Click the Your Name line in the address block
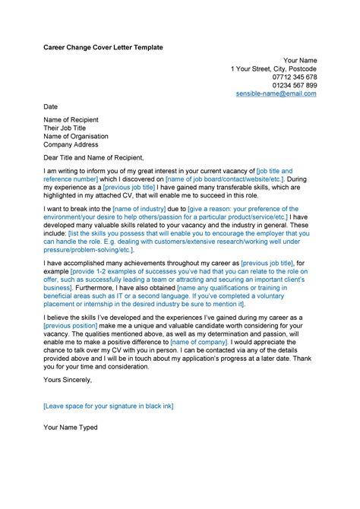click(300, 60)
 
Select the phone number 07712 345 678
click(295, 77)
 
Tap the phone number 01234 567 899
click(295, 86)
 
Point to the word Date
click(51, 107)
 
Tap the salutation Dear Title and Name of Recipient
click(103, 158)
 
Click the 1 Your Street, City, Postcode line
click(274, 68)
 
